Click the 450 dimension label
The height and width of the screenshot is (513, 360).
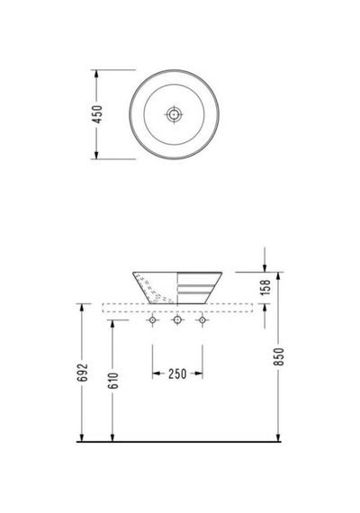97,114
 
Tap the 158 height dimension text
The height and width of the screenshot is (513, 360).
265,287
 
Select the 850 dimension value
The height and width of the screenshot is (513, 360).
279,356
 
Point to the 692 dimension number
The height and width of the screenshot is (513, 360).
83,373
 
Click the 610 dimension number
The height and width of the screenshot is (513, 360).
112,381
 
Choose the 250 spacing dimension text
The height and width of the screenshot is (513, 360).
177,373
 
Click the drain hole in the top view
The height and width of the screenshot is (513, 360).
174,114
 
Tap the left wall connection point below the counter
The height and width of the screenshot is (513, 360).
152,319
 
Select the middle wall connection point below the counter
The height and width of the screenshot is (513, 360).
177,319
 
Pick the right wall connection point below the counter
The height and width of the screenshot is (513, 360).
202,319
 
